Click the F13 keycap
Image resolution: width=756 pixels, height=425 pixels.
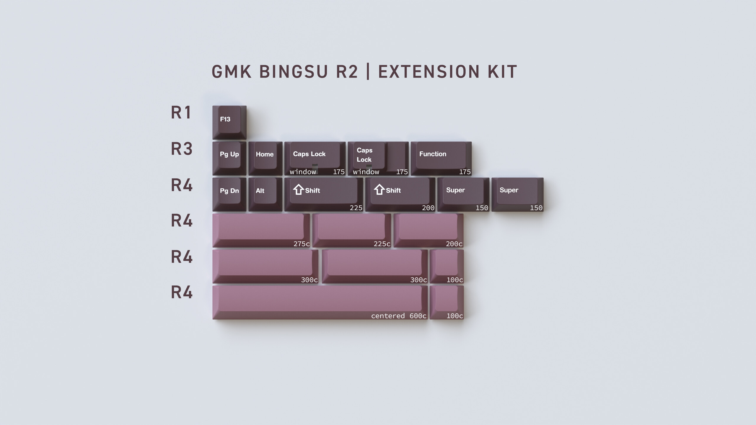[x=229, y=122]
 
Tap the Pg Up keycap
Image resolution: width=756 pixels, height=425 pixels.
[x=229, y=158]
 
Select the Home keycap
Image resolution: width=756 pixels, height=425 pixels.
[x=265, y=158]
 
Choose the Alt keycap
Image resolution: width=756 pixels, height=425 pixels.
[x=265, y=194]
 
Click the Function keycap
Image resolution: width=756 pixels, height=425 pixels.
[x=441, y=158]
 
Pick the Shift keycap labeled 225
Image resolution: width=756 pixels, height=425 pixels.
[x=324, y=194]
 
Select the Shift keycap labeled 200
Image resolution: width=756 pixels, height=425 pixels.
[x=400, y=194]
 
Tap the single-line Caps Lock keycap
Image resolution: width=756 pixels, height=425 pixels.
[x=315, y=158]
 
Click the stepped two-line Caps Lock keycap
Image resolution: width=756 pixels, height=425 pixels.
[x=378, y=158]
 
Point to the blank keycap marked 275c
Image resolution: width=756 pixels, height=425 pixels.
[x=261, y=231]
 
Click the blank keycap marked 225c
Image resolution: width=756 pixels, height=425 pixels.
[x=352, y=231]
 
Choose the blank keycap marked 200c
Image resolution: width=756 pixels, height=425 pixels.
[x=428, y=231]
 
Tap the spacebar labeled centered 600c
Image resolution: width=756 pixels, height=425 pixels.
[x=320, y=303]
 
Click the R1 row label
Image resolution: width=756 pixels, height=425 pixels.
[x=181, y=112]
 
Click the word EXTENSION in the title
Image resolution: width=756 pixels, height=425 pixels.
[x=429, y=72]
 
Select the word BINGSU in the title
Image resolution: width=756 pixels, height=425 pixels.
[x=294, y=72]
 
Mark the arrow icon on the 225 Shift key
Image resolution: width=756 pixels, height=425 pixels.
[x=299, y=189]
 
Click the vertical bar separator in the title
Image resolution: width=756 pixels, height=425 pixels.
[x=368, y=72]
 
